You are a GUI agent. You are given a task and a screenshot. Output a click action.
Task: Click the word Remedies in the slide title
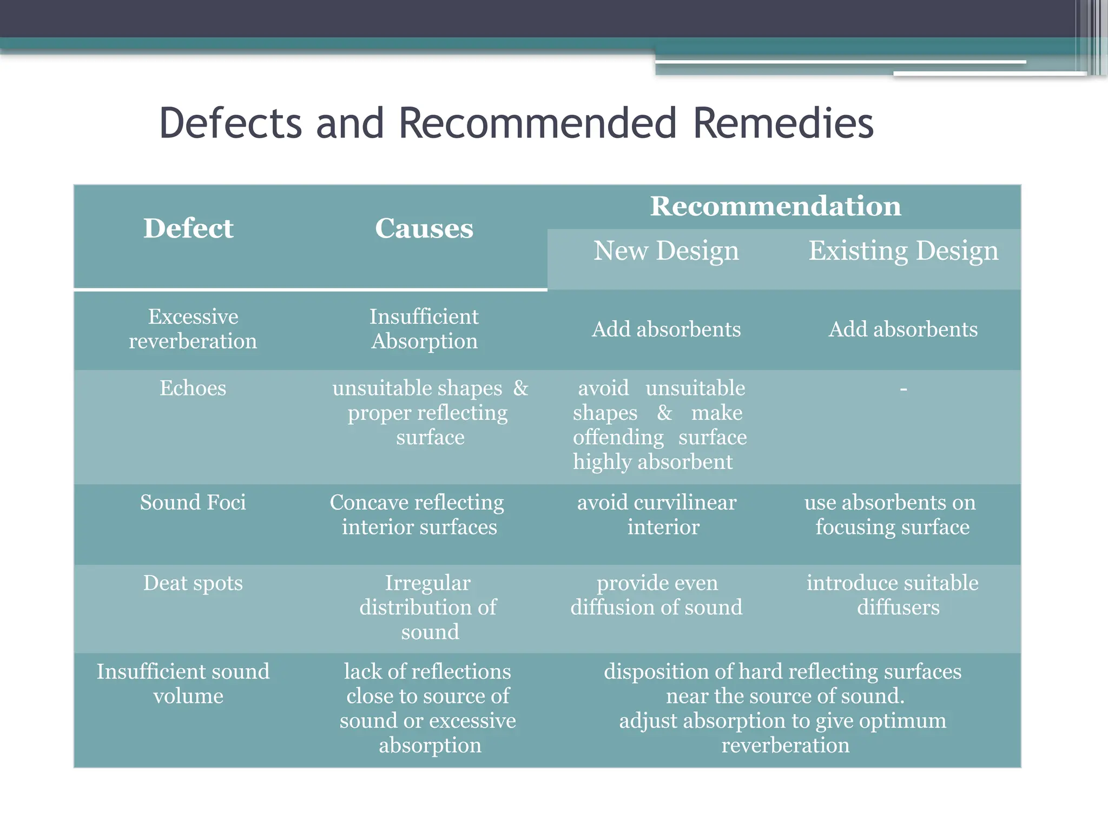[783, 123]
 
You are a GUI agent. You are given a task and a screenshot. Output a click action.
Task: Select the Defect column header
[188, 228]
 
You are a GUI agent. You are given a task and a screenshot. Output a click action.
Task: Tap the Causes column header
[424, 228]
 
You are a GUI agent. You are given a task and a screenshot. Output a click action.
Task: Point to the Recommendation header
[775, 206]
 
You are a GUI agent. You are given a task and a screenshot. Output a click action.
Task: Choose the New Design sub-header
[666, 251]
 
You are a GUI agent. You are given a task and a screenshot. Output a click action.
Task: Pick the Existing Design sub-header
[903, 251]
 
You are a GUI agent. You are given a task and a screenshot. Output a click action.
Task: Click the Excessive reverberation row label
[193, 329]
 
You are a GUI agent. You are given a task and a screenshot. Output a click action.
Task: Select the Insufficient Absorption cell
[424, 329]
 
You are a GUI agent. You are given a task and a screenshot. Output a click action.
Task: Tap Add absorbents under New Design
[666, 329]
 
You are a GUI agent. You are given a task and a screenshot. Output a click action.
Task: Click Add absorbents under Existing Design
[903, 329]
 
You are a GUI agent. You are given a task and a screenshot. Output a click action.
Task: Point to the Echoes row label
[193, 388]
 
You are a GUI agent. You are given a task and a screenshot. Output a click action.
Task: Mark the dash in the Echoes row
[903, 389]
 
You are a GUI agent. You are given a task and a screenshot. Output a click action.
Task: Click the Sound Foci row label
[193, 503]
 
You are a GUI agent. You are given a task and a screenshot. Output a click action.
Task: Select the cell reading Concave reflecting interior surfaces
[418, 515]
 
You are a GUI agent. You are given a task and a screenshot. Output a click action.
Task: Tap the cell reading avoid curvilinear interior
[657, 515]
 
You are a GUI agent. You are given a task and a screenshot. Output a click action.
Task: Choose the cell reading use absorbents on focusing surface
[891, 515]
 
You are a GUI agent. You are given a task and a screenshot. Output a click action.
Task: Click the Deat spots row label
[193, 583]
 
